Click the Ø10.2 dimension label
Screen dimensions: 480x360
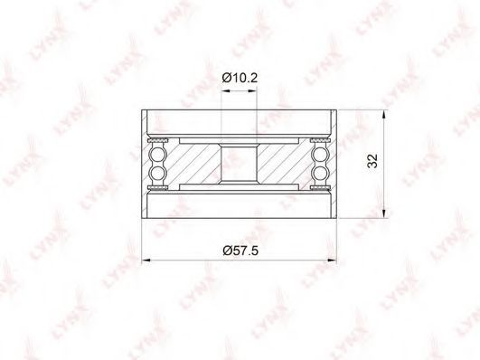(x=240, y=78)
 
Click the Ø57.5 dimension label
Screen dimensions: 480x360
(x=240, y=251)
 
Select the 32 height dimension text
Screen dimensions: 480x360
(x=372, y=161)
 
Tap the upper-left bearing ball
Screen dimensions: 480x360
(x=158, y=153)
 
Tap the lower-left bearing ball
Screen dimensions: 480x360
(x=158, y=173)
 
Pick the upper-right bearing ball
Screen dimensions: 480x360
(x=321, y=153)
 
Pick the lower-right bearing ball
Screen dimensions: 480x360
(x=321, y=173)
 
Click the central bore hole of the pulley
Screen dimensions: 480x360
(x=239, y=163)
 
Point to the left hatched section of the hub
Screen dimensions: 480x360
(x=196, y=164)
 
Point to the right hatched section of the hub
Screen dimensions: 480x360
(x=283, y=164)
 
